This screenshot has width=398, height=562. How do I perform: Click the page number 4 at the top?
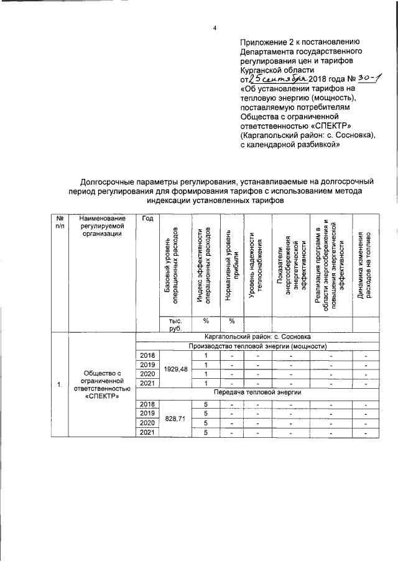tap(214, 29)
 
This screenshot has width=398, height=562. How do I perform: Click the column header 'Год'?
tap(147, 218)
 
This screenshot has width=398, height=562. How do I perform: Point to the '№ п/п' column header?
tap(60, 222)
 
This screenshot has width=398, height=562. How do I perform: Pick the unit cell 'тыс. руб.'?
tap(175, 325)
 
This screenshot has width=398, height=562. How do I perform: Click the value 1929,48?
tap(175, 369)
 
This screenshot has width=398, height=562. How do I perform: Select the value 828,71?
tap(175, 419)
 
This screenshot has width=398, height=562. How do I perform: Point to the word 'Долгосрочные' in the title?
tap(109, 181)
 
